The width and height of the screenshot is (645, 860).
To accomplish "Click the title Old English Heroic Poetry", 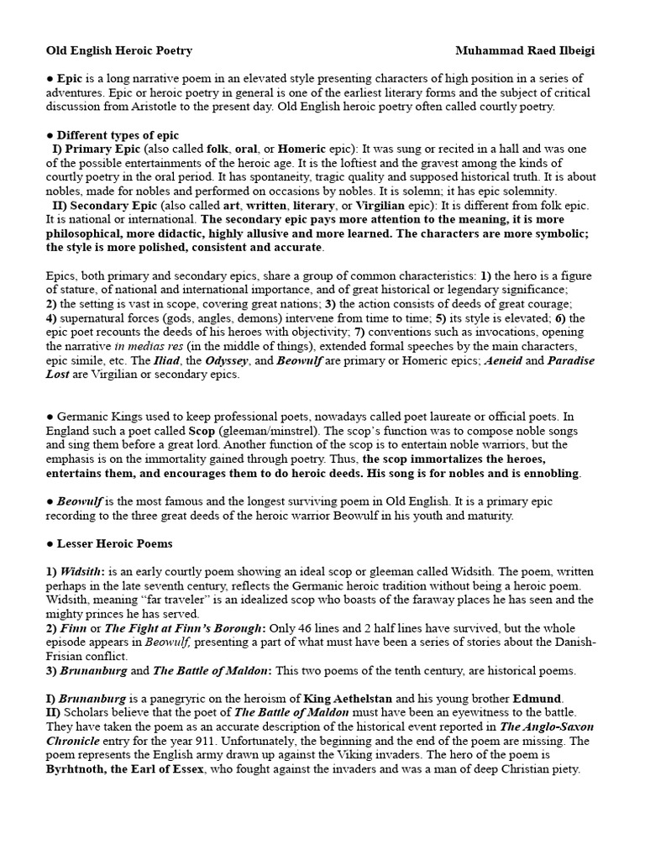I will tap(118, 50).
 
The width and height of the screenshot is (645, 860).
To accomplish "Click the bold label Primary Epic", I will tap(102, 149).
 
